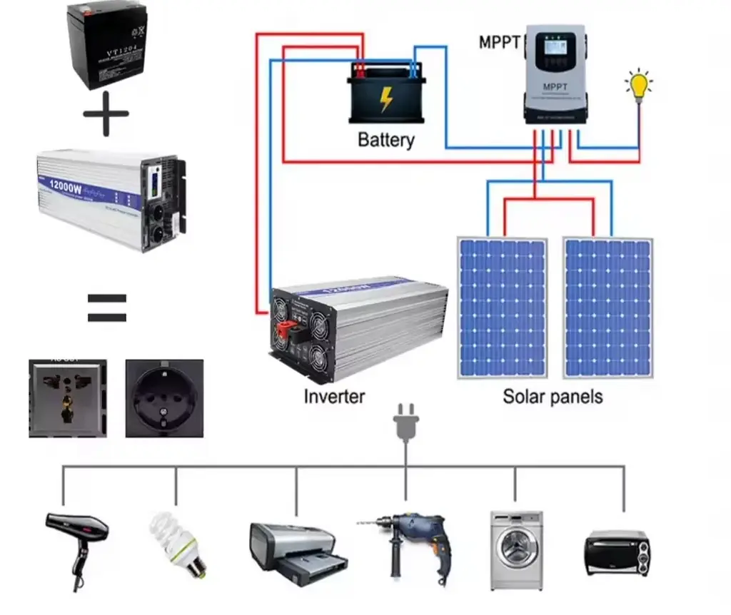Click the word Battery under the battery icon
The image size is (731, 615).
[385, 139]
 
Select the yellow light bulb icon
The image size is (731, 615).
[639, 86]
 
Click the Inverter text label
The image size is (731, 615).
[334, 397]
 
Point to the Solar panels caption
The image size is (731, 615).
[553, 397]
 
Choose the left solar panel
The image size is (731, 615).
[502, 307]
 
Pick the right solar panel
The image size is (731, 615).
[608, 307]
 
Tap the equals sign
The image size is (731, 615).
[106, 308]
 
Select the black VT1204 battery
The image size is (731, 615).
[106, 46]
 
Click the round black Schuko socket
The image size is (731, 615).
[164, 398]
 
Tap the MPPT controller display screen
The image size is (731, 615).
[555, 54]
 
